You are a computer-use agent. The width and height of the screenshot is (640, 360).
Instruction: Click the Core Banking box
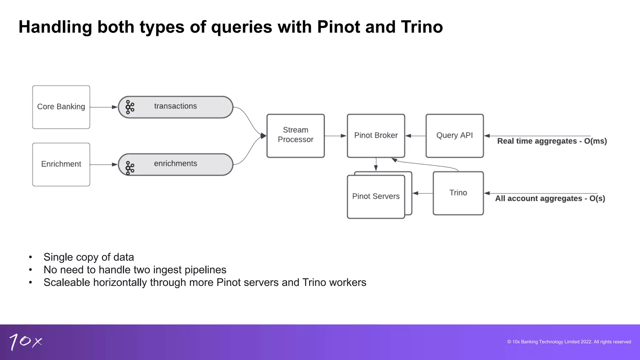click(x=61, y=107)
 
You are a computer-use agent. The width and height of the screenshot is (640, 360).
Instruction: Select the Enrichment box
click(x=61, y=164)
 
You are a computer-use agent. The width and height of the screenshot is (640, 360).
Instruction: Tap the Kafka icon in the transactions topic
click(x=130, y=107)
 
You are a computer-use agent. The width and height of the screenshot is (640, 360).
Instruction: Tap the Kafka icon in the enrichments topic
click(x=130, y=167)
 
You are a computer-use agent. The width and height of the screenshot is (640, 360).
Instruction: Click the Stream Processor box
click(x=295, y=136)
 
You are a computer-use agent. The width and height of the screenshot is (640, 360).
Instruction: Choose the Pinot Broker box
click(x=376, y=136)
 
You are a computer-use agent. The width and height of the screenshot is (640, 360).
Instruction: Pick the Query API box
click(x=454, y=136)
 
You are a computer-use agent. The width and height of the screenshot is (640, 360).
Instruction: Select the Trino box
click(x=458, y=193)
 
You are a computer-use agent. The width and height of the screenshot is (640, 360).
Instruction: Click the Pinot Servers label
click(x=376, y=196)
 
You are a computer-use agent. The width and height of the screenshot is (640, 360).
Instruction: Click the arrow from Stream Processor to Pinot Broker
click(x=335, y=136)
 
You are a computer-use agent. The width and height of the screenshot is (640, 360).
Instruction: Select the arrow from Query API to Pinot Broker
click(x=415, y=136)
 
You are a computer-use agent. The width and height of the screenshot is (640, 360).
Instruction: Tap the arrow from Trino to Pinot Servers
click(x=422, y=193)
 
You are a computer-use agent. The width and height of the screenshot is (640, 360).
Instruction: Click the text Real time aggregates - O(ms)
click(x=552, y=141)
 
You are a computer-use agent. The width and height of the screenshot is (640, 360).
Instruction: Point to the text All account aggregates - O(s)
click(x=550, y=199)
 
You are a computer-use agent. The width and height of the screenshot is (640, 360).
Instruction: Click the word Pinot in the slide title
click(x=338, y=27)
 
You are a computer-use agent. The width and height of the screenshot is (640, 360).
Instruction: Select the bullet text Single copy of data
click(x=89, y=257)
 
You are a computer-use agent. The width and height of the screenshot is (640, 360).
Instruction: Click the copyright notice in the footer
click(x=569, y=342)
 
